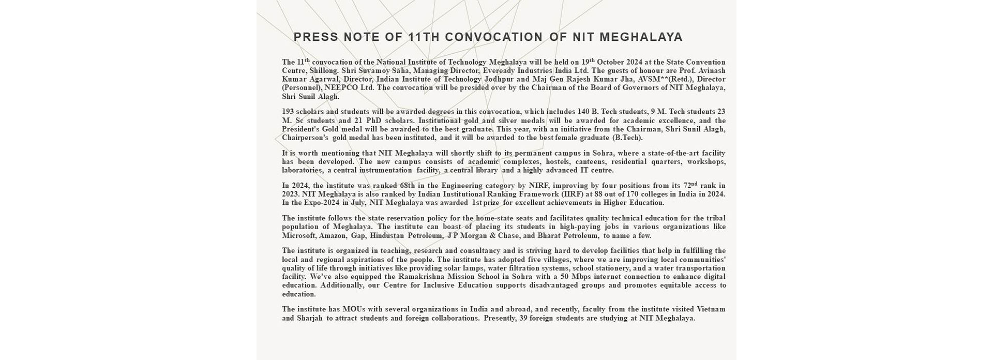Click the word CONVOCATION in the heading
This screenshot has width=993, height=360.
(x=494, y=37)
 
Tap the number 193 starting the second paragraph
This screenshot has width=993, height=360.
(x=288, y=112)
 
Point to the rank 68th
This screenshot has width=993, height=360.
(x=412, y=186)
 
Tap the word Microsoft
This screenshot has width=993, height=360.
(x=299, y=236)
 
